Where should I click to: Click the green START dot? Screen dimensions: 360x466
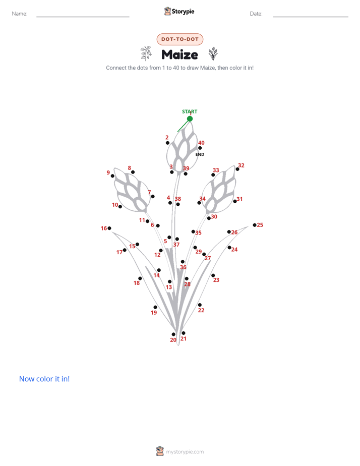[x=190, y=119]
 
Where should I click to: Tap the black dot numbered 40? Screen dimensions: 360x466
[x=200, y=148]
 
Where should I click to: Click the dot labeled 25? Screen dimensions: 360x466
[x=255, y=225]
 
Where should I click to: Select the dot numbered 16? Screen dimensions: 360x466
[x=109, y=228]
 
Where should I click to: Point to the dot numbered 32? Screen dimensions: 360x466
[x=237, y=169]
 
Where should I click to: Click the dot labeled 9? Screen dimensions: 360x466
[x=112, y=176]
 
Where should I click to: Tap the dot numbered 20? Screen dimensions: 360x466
[x=173, y=334]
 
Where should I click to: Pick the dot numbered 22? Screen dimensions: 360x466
[x=200, y=305]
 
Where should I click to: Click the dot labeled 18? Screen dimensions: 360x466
[x=140, y=278]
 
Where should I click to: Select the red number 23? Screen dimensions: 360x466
[x=216, y=280]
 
